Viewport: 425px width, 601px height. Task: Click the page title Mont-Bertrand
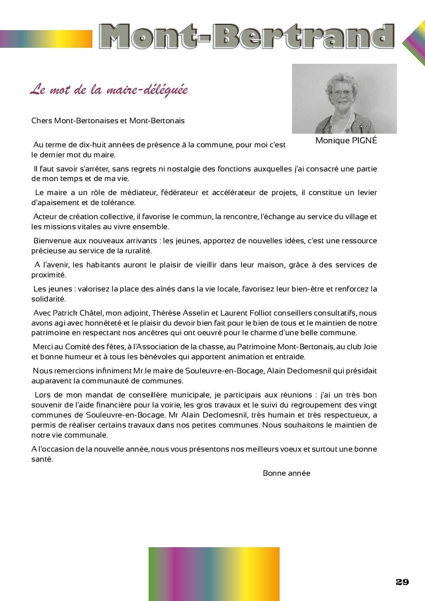click(246, 37)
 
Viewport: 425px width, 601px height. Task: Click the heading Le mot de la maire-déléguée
click(109, 90)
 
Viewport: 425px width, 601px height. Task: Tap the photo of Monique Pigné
click(344, 99)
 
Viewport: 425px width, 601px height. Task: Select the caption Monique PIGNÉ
click(346, 141)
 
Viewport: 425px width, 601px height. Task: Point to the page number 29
click(402, 582)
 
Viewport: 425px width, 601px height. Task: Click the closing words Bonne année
click(286, 473)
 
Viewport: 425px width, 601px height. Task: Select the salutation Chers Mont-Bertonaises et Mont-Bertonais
click(108, 121)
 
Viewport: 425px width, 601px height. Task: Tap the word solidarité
click(48, 299)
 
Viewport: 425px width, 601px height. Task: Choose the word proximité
click(48, 275)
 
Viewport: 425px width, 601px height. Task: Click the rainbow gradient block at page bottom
click(214, 574)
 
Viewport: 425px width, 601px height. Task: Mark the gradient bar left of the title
click(46, 39)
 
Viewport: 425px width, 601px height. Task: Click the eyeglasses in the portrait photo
click(342, 93)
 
